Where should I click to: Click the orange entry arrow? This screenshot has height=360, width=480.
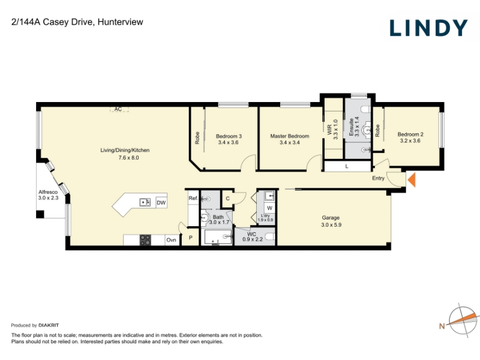[x=412, y=179]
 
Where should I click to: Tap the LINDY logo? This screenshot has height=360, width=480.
[x=428, y=28]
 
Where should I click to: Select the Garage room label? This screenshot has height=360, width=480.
[x=331, y=218]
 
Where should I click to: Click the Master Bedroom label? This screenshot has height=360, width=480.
[x=290, y=136]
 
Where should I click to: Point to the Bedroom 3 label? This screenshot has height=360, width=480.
[x=229, y=136]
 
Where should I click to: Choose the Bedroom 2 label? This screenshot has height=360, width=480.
[x=410, y=134]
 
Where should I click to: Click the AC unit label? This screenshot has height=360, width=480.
[x=118, y=109]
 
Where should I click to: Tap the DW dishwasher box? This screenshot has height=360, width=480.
[x=161, y=202]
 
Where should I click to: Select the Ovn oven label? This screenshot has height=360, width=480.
[x=171, y=239]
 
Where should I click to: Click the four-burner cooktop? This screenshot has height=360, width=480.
[x=145, y=240]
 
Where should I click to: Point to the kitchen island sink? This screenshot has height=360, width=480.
[x=145, y=202]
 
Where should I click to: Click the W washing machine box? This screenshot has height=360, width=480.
[x=269, y=208]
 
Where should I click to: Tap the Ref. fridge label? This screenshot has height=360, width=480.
[x=193, y=198]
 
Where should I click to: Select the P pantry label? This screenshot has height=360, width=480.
[x=190, y=238]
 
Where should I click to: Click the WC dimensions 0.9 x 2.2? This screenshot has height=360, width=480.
[x=253, y=239]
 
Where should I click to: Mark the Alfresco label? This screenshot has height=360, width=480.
[x=48, y=192]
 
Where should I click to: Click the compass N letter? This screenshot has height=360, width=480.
[x=442, y=326]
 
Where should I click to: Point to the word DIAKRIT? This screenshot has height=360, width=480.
[x=49, y=325]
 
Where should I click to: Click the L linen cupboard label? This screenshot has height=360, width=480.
[x=347, y=167]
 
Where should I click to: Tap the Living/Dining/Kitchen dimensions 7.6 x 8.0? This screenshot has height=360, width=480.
[x=128, y=158]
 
